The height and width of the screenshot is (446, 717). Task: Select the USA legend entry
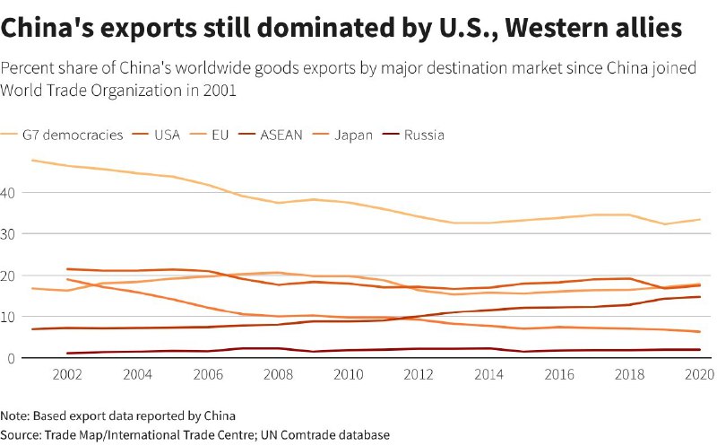[167, 136]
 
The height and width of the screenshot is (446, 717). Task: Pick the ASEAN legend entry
[281, 136]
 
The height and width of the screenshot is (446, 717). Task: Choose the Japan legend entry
[352, 136]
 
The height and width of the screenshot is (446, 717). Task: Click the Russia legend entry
[424, 136]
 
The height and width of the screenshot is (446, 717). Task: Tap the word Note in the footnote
[15, 415]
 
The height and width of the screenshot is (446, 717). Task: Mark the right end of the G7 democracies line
[700, 219]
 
